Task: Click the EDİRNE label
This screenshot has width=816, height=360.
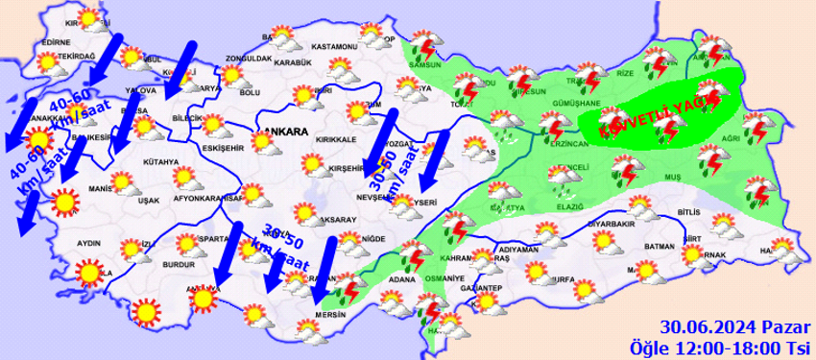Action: (57, 42)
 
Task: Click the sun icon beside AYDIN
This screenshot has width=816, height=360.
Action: (89, 274)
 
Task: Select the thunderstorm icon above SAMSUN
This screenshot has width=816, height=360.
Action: (424, 47)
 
